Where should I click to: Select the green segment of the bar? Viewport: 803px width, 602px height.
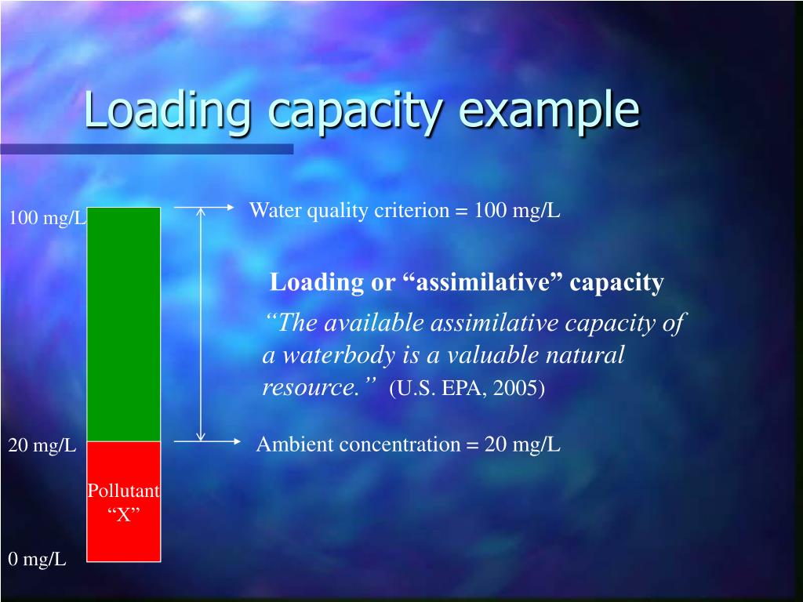coord(123,324)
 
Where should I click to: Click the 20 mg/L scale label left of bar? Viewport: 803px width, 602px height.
coord(42,446)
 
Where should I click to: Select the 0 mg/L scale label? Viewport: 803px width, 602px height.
coord(38,559)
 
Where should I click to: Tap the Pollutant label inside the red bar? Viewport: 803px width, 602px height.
coord(123,491)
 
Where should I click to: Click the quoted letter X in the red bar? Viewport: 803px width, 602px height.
coord(123,514)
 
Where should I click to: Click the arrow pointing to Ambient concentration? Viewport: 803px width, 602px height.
coord(206,441)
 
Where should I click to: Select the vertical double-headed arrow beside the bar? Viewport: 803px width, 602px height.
coord(201,324)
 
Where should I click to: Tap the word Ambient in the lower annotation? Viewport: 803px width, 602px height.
coord(293,444)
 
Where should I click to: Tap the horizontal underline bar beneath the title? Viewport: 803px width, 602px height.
coord(147,148)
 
